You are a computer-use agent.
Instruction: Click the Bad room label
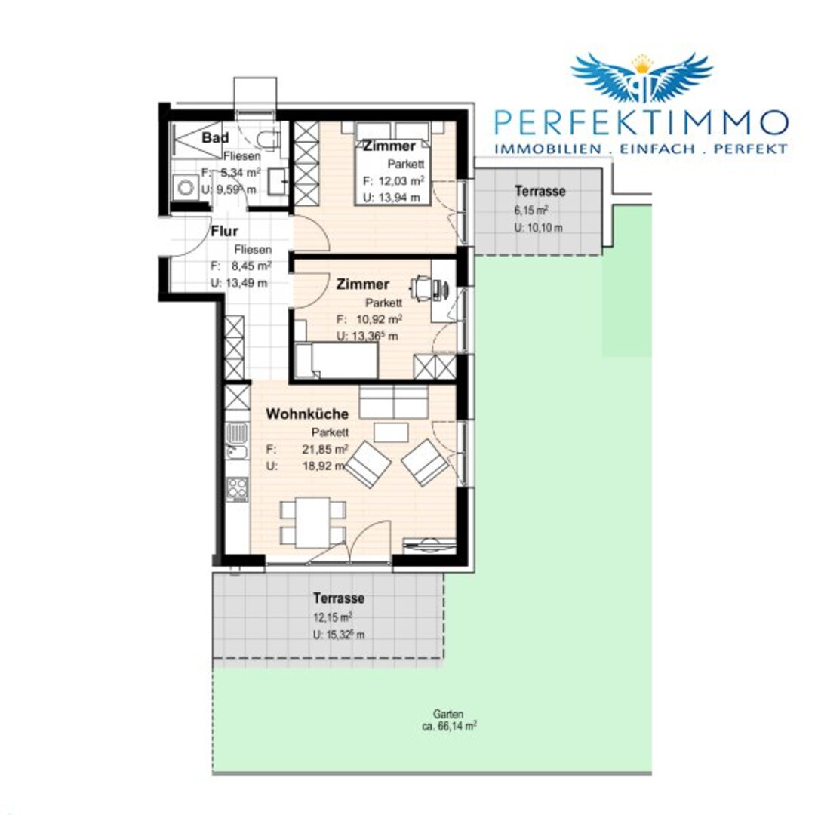coord(215,138)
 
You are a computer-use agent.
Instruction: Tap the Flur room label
coord(225,232)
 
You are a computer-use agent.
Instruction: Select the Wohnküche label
coord(307,414)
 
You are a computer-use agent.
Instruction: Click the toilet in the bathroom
coord(268,140)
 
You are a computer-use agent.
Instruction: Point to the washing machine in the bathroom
coord(186,187)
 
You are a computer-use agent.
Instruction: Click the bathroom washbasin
coord(278,181)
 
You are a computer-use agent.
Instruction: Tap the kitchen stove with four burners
coord(238,488)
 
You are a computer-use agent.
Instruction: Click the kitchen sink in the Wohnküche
coord(237,441)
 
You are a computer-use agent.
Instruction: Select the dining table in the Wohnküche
coord(312,522)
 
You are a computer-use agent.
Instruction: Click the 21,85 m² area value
coord(324,449)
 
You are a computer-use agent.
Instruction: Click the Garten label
coord(448,714)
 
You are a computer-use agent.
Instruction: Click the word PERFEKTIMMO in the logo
coord(641,122)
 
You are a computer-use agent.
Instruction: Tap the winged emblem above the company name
coord(642,77)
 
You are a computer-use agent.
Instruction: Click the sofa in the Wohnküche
coord(393,401)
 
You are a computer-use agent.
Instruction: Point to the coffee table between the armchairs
coord(391,432)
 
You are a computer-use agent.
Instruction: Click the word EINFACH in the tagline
coord(657,149)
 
